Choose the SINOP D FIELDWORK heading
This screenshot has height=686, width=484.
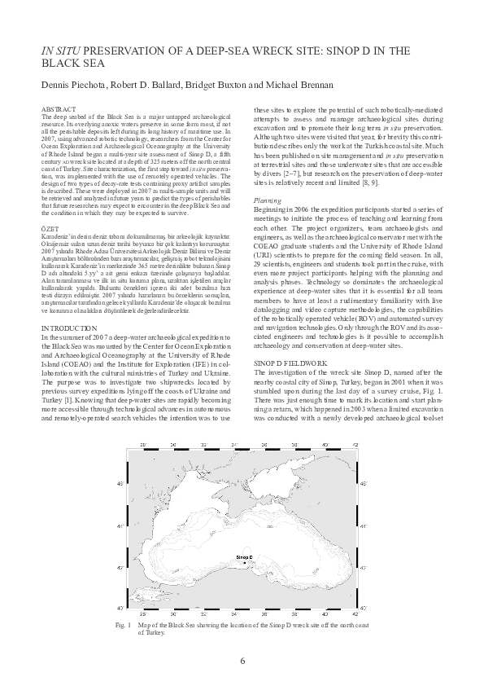point(291,358)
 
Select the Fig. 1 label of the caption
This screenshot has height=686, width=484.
point(146,623)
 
